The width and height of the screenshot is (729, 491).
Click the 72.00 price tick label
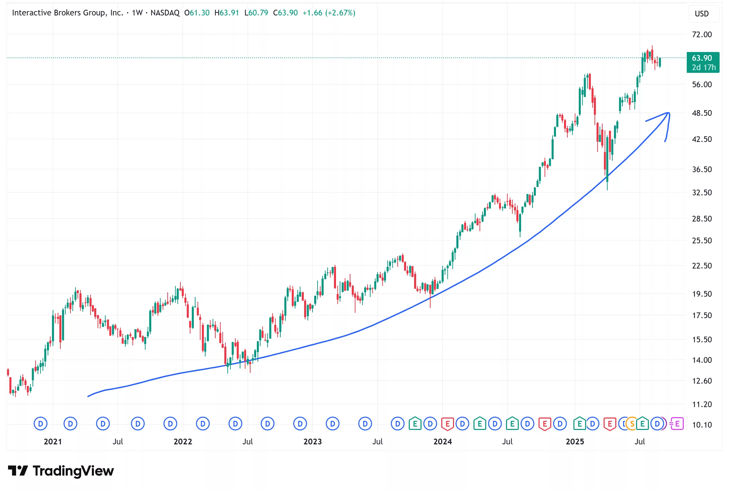tap(702, 35)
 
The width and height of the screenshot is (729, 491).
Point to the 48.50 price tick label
tap(702, 113)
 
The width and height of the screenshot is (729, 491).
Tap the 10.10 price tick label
tap(702, 425)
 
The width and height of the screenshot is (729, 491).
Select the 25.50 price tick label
tap(702, 241)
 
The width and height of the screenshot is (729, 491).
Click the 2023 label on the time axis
tap(312, 442)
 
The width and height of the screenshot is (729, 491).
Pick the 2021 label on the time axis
tap(53, 442)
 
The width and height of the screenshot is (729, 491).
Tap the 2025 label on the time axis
tap(574, 442)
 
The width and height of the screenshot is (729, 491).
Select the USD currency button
tap(702, 14)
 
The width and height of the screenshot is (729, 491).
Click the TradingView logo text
tap(73, 471)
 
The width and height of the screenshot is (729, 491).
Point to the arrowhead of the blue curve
tap(668, 113)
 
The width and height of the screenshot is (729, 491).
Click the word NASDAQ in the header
tap(165, 13)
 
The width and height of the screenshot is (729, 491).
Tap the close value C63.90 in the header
tap(285, 13)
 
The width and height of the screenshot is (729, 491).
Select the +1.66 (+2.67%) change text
tap(329, 13)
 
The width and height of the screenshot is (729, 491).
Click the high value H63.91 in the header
tap(227, 13)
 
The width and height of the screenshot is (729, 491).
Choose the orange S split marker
tap(632, 424)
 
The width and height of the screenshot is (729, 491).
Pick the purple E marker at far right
tap(677, 424)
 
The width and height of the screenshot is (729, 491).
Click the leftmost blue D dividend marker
tap(41, 424)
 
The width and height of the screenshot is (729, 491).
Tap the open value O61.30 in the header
tap(197, 13)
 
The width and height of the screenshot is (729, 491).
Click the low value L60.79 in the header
tap(256, 13)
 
